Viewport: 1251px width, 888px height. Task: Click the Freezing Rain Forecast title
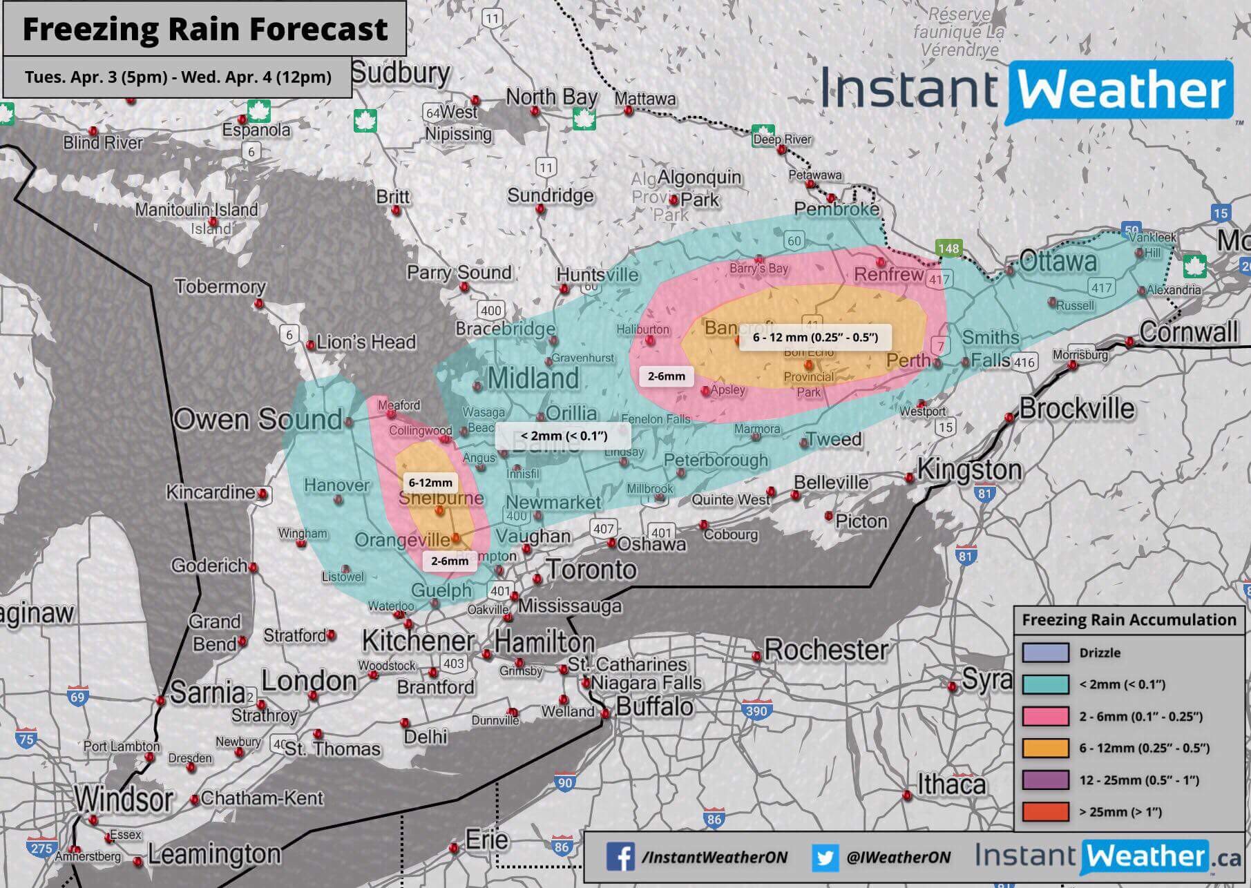204,29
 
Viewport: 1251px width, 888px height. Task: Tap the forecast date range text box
178,77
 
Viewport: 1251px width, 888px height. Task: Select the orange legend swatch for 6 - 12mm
1045,748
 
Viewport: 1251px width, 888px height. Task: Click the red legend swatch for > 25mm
1045,811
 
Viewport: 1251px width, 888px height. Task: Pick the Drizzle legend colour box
1045,653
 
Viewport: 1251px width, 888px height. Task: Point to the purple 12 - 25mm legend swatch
1045,780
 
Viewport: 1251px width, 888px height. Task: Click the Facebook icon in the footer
620,857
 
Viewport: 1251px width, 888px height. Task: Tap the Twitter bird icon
824,857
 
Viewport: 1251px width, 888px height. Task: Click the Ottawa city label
1058,262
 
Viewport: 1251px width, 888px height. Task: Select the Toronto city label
592,570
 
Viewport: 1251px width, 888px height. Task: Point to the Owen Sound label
257,419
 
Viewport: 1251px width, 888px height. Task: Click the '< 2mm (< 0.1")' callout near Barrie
563,436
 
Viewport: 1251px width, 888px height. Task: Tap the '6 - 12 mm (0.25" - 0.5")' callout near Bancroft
815,337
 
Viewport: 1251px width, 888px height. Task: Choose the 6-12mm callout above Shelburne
430,483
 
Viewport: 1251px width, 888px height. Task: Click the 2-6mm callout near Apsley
666,376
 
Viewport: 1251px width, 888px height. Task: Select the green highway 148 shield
948,249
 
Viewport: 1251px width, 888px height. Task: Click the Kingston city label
969,470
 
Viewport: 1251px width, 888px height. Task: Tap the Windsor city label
124,799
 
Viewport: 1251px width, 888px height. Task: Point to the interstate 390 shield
756,711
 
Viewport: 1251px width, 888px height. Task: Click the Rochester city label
825,650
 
